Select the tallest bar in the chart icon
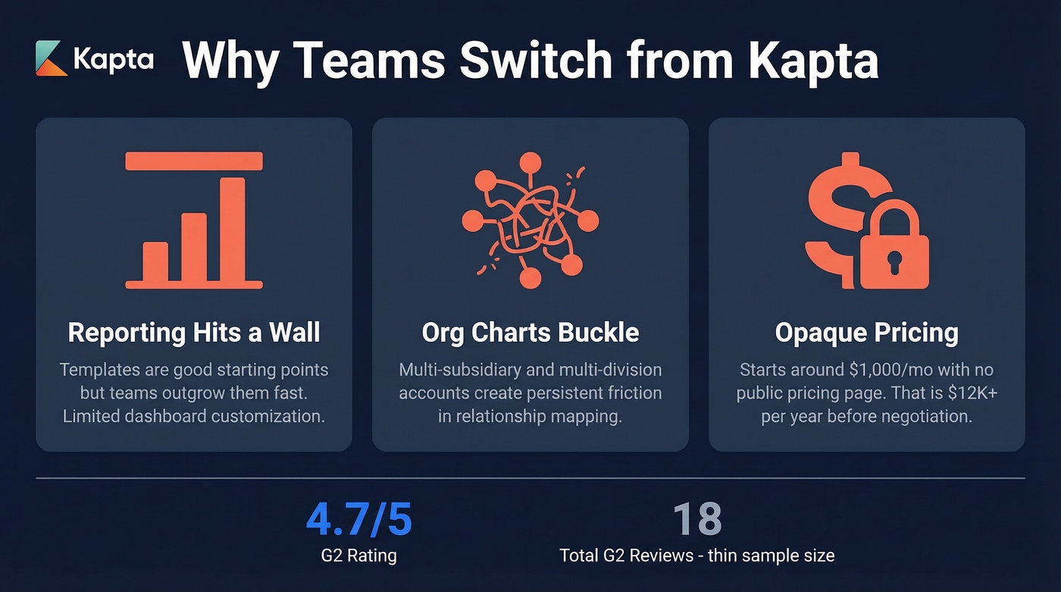232,230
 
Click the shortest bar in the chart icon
155,262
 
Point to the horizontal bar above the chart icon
194,161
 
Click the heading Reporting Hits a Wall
194,332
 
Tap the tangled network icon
530,221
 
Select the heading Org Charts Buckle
530,332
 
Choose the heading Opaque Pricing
866,332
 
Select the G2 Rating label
358,556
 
